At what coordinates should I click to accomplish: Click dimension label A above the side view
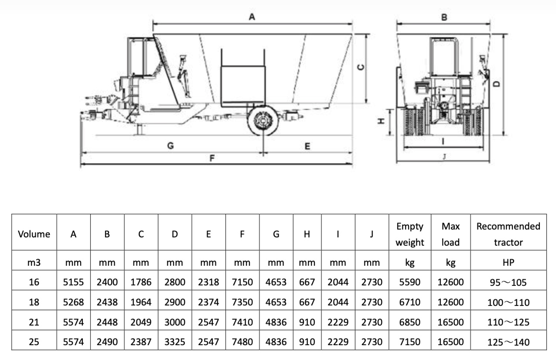[x=252, y=17]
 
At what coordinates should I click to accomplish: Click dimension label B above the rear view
[x=444, y=17]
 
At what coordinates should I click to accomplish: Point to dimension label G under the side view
[x=171, y=146]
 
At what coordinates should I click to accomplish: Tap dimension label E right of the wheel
[x=307, y=146]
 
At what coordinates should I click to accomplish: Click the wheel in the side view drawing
[x=263, y=121]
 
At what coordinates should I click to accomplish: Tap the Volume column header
[x=34, y=234]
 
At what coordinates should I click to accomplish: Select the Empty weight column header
[x=409, y=234]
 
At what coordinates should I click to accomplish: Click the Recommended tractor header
[x=508, y=234]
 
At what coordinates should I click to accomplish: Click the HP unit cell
[x=508, y=263]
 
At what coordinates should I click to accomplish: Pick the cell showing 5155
[x=73, y=282]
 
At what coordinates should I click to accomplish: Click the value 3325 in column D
[x=174, y=342]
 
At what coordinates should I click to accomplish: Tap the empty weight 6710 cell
[x=409, y=302]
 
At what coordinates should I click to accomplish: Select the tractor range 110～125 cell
[x=508, y=322]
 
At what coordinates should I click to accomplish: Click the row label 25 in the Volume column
[x=34, y=342]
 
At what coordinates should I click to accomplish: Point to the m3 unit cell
[x=34, y=263]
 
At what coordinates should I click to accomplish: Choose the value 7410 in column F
[x=242, y=322]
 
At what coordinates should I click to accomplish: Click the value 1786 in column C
[x=141, y=282]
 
